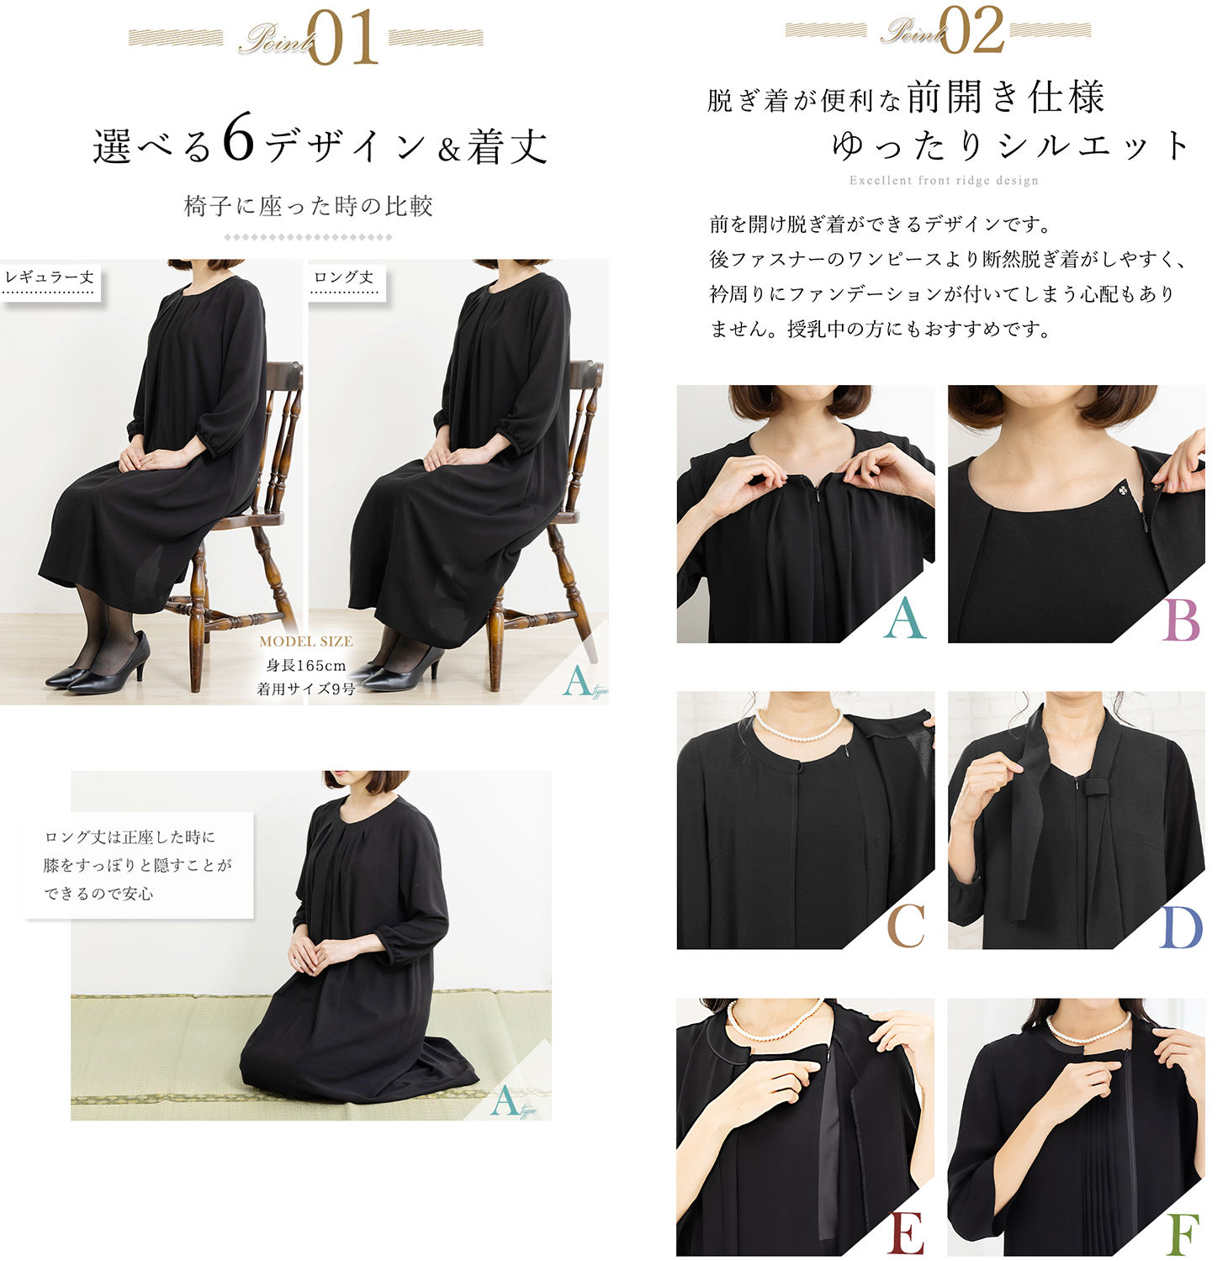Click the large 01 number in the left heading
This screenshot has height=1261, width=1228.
point(343,38)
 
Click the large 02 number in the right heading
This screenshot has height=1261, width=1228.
point(972,30)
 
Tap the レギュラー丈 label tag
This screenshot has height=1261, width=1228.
point(50,278)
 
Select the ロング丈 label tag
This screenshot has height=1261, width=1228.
point(344,278)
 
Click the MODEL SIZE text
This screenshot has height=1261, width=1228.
point(306,641)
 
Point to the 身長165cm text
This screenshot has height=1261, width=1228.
point(306,666)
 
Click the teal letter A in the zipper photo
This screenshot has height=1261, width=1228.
point(905,620)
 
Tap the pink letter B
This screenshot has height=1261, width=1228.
point(1182,622)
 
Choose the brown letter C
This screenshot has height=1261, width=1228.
point(906,926)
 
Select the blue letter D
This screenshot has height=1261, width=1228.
point(1182,928)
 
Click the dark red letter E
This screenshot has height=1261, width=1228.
point(906,1233)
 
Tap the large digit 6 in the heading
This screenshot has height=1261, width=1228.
point(239,139)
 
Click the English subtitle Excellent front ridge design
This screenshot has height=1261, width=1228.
point(944,181)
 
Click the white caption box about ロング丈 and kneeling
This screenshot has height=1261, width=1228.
point(140,865)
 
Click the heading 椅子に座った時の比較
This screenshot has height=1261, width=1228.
point(308,207)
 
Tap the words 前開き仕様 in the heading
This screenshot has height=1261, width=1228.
point(1006,98)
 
